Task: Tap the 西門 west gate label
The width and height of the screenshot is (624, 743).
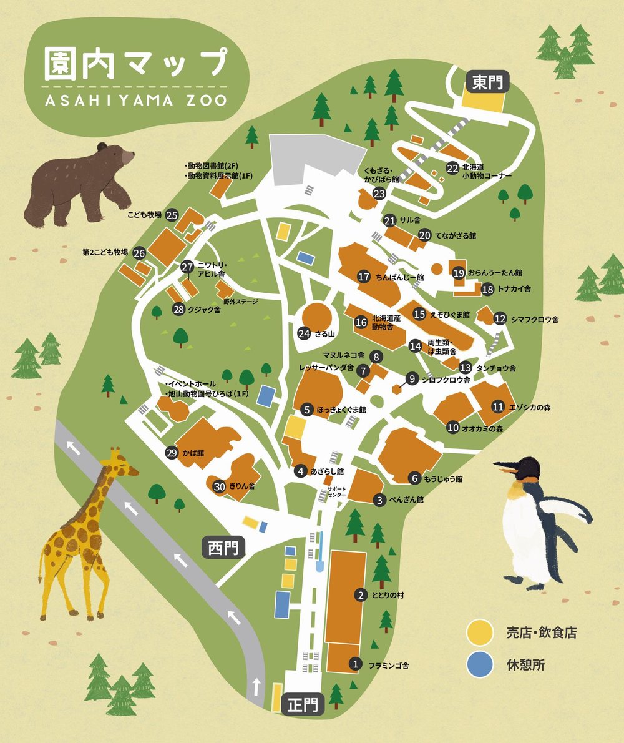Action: (223, 548)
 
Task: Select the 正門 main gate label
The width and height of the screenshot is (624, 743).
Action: (303, 706)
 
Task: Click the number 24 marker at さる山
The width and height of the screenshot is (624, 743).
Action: (304, 333)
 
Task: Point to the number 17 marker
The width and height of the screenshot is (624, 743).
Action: (365, 277)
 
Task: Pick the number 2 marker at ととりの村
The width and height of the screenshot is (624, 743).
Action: (360, 595)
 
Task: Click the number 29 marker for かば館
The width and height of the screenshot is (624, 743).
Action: (172, 453)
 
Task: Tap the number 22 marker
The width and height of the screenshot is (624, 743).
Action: (452, 168)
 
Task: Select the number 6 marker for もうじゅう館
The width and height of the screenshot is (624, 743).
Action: (414, 479)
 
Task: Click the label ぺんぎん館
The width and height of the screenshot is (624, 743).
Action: (407, 500)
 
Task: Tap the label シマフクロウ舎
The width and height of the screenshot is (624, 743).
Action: (535, 319)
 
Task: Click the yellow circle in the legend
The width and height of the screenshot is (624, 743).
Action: (479, 632)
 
